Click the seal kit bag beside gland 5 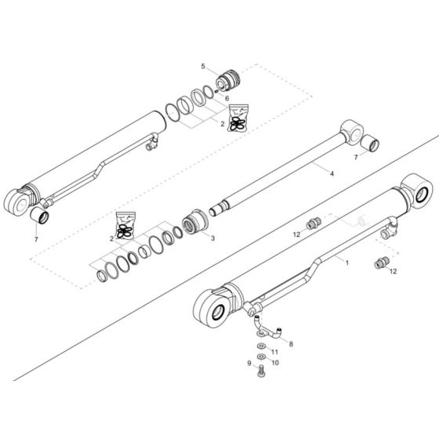(x=238, y=115)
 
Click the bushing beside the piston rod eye (x=371, y=143)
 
